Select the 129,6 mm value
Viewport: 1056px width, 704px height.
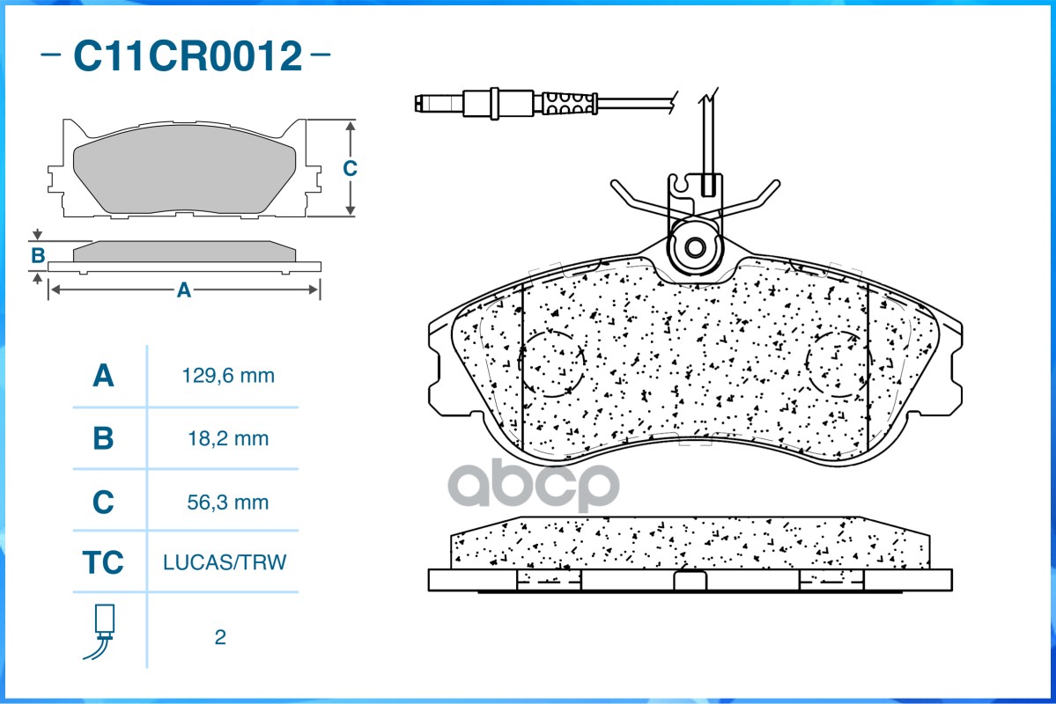[228, 376]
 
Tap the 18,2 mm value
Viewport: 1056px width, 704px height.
[228, 438]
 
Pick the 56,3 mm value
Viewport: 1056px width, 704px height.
[228, 502]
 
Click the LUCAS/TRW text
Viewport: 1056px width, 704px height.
[225, 562]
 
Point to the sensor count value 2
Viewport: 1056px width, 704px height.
[220, 636]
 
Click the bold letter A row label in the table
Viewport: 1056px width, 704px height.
[103, 376]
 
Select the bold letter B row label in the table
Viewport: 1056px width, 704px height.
[103, 438]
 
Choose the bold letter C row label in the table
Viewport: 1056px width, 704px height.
[103, 502]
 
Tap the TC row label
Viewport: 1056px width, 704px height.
[103, 562]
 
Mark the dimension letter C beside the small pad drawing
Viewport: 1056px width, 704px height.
[350, 168]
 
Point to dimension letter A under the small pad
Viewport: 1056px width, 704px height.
[184, 290]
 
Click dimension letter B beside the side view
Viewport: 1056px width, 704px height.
[38, 256]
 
